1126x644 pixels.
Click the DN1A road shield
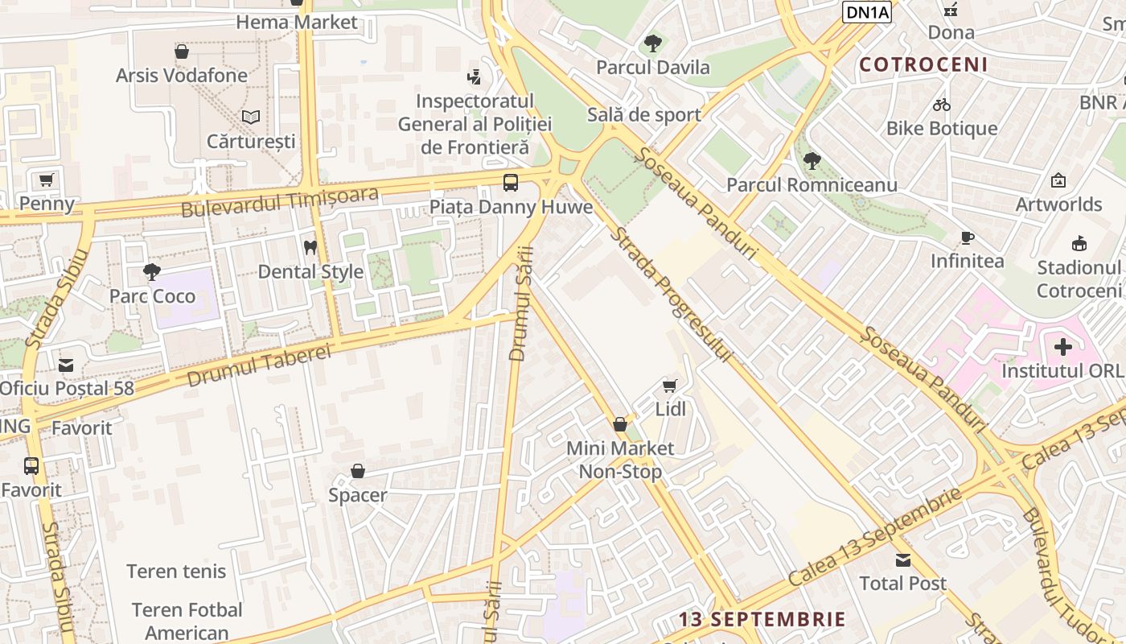867,11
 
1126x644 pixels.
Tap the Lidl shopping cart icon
670,386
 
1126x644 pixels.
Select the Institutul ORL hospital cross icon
1062,347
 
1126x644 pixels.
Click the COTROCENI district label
923,64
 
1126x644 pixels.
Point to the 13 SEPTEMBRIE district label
762,619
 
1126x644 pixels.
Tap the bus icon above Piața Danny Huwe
511,182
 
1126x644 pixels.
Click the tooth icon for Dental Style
310,247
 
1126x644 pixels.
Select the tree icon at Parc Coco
152,271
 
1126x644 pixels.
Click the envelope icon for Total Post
903,559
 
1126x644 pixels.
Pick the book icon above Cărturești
251,117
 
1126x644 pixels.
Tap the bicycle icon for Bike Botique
942,105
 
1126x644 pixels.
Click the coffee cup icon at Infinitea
968,237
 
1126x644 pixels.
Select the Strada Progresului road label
672,295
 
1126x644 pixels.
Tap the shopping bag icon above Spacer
358,471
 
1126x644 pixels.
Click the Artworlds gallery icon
1058,180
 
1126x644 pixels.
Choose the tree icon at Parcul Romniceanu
812,161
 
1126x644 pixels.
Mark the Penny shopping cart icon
47,180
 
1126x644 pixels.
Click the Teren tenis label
176,572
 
